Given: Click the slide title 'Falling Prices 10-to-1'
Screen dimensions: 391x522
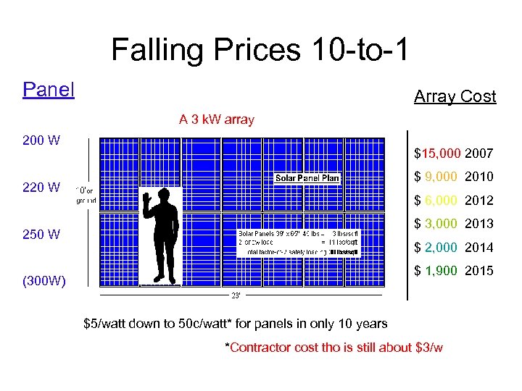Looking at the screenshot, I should pos(260,50).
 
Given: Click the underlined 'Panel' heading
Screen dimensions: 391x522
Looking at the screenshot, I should pos(49,90).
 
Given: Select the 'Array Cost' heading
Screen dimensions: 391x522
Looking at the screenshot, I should pos(455,96).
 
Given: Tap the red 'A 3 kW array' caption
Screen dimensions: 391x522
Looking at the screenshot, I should pos(217,119).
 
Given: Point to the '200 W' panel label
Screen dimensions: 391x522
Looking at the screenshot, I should pos(41,140).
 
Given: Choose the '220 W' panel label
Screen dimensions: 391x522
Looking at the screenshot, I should pos(41,188).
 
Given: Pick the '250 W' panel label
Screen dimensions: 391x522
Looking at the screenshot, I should pos(41,235).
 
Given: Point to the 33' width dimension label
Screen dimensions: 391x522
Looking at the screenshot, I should pos(236,295).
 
